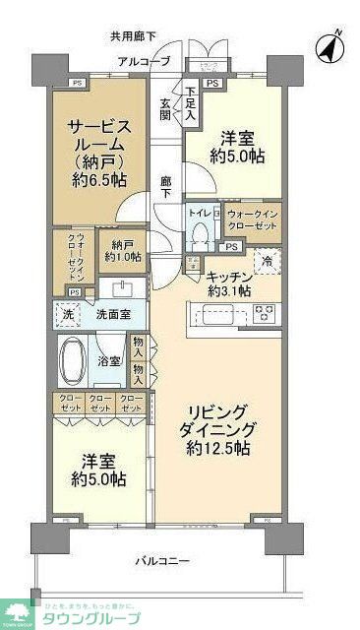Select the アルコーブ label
[145, 61]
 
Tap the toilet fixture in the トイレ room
[202, 232]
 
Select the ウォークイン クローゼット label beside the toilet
[254, 220]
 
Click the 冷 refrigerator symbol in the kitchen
[267, 260]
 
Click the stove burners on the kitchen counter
[264, 314]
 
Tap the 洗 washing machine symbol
[68, 314]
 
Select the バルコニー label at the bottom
[161, 562]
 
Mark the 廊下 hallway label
[167, 187]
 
